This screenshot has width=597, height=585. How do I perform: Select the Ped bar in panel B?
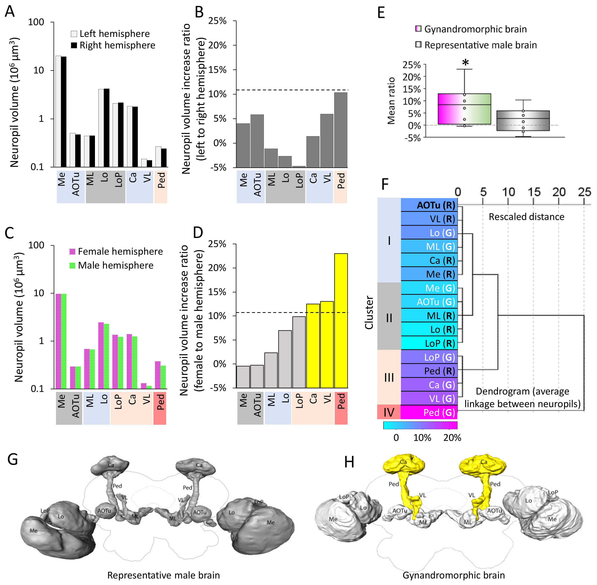(x=341, y=130)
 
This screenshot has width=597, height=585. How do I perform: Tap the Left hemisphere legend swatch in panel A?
(x=74, y=34)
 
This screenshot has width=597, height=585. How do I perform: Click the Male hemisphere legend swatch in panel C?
(x=73, y=265)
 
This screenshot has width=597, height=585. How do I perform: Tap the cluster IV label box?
(x=389, y=412)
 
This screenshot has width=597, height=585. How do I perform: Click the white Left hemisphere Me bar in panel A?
(x=58, y=111)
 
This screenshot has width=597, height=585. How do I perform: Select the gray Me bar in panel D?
(x=243, y=377)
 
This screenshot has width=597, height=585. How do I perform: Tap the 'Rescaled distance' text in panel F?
(x=526, y=217)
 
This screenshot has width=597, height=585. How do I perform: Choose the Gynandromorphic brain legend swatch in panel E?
(x=418, y=29)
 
